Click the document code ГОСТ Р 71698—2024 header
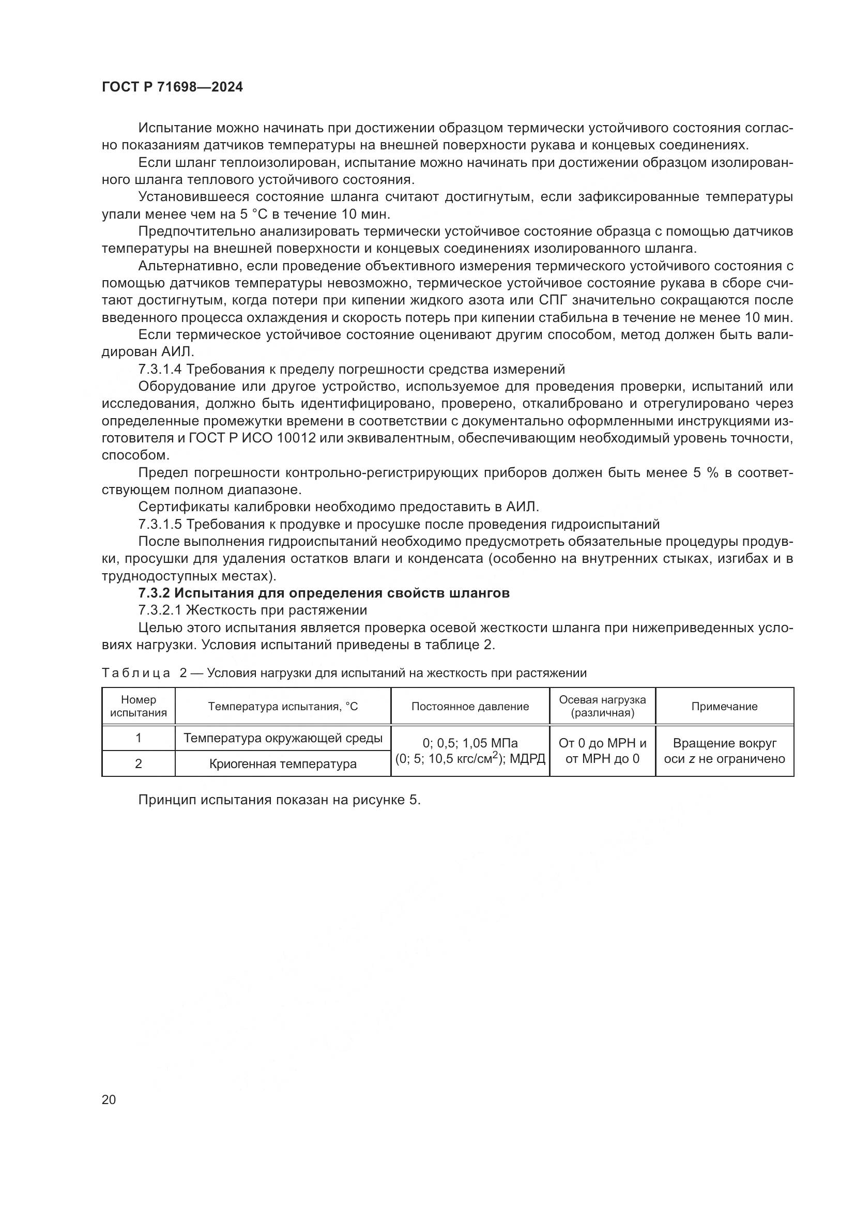pos(172,87)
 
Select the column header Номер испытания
pos(139,706)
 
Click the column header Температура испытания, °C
pos(283,707)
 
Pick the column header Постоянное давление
pos(469,707)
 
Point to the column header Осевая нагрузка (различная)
pos(602,706)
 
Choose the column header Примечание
pos(724,707)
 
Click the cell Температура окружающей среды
pos(283,738)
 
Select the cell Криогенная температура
pos(283,764)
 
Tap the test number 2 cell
pos(139,764)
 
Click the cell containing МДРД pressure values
pos(469,751)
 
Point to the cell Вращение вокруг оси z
pos(724,751)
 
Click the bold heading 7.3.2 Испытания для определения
pos(324,593)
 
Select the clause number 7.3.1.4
pos(160,369)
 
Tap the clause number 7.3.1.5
pos(160,525)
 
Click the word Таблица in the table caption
pos(136,673)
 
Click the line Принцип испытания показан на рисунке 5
pos(279,800)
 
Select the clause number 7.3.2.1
pos(160,610)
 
